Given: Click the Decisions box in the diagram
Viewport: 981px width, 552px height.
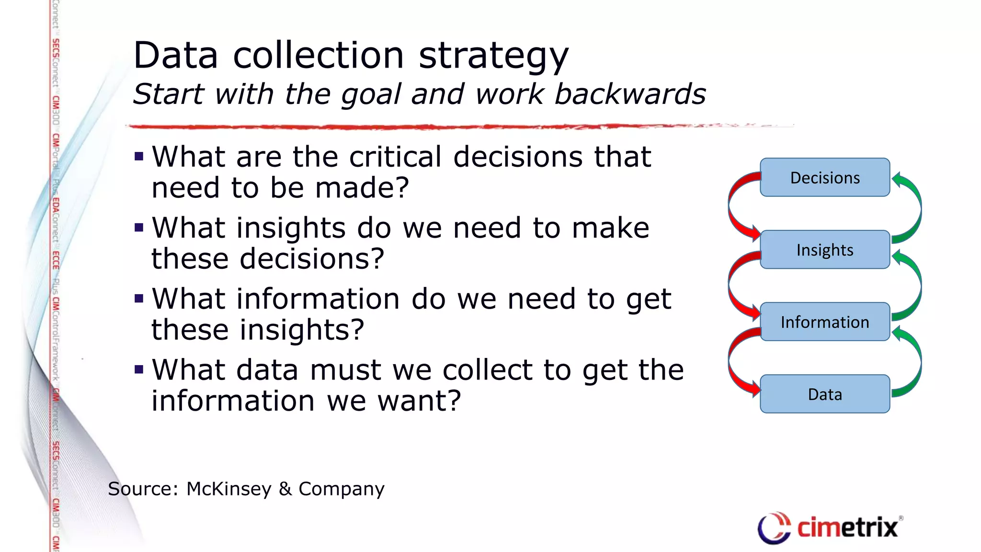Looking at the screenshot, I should click(x=824, y=177).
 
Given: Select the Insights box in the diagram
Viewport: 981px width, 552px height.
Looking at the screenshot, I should click(x=824, y=250).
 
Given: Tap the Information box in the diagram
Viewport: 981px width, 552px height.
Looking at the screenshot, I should click(x=824, y=322).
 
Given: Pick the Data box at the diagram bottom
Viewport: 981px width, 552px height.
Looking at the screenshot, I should click(x=824, y=394).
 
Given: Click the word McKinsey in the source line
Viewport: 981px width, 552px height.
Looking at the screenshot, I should click(x=229, y=489).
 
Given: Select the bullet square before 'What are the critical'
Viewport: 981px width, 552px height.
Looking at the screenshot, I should click(x=139, y=156).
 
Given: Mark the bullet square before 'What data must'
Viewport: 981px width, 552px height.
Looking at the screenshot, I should click(x=139, y=369).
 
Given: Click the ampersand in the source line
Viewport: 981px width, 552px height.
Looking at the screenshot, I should click(x=285, y=489).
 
